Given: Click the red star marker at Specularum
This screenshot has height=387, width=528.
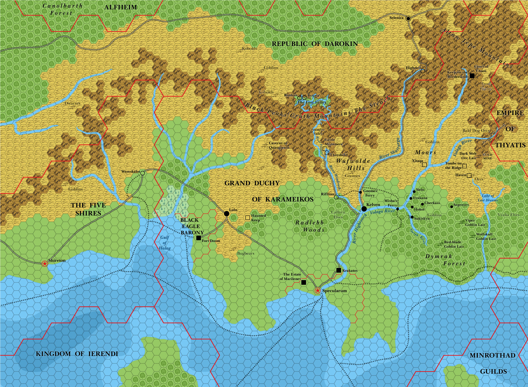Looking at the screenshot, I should (x=318, y=291).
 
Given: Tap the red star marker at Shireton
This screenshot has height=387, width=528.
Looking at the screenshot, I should (x=45, y=263).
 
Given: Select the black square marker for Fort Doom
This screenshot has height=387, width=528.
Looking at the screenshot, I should (x=199, y=238).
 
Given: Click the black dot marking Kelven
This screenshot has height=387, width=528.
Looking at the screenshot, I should (x=364, y=209).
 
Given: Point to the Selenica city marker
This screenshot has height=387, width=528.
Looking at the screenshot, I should (x=408, y=18).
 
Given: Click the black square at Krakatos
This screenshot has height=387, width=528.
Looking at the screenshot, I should (x=339, y=270).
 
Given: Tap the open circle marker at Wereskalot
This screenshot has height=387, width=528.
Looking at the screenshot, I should (x=143, y=173).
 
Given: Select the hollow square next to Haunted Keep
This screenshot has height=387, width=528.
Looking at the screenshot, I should (x=247, y=218).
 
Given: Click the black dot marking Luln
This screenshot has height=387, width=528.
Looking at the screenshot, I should (x=227, y=213).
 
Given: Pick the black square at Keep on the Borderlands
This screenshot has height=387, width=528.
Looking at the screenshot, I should (x=472, y=76).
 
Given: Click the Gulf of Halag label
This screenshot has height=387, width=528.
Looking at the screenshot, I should (x=165, y=243).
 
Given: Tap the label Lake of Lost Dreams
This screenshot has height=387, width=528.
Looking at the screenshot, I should (x=488, y=198).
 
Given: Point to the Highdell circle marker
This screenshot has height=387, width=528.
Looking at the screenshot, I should (x=423, y=71).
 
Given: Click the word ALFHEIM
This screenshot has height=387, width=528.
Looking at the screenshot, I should (x=120, y=7).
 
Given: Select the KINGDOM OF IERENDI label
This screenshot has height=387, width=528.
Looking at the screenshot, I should (x=77, y=354).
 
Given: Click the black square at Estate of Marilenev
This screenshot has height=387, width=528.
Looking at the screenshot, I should (x=304, y=282).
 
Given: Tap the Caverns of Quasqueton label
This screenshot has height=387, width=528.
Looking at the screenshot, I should (x=279, y=145).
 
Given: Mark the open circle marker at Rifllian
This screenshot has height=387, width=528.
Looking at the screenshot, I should (x=336, y=197).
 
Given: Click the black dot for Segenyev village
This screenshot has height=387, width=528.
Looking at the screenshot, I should (x=452, y=207).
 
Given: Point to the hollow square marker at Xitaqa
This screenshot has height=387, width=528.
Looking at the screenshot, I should (x=424, y=165).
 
